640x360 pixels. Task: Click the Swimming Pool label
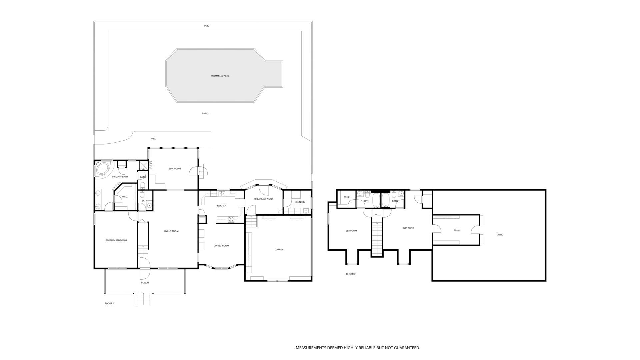click(220, 76)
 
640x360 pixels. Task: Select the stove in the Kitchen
click(231, 219)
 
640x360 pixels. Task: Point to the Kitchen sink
click(222, 193)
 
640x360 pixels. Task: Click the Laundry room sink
click(306, 211)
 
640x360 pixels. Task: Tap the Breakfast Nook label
click(264, 199)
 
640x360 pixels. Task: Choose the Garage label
click(279, 250)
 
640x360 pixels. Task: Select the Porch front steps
click(144, 299)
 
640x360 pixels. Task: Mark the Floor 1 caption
click(109, 304)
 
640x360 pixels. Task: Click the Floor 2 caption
click(351, 274)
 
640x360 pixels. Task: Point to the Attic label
click(500, 235)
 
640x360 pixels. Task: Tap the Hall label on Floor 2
click(377, 215)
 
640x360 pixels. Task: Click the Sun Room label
click(175, 169)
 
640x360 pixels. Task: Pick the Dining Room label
click(221, 246)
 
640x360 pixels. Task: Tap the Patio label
click(205, 114)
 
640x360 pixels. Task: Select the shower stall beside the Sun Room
click(144, 166)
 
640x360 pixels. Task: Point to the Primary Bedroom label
click(116, 240)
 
